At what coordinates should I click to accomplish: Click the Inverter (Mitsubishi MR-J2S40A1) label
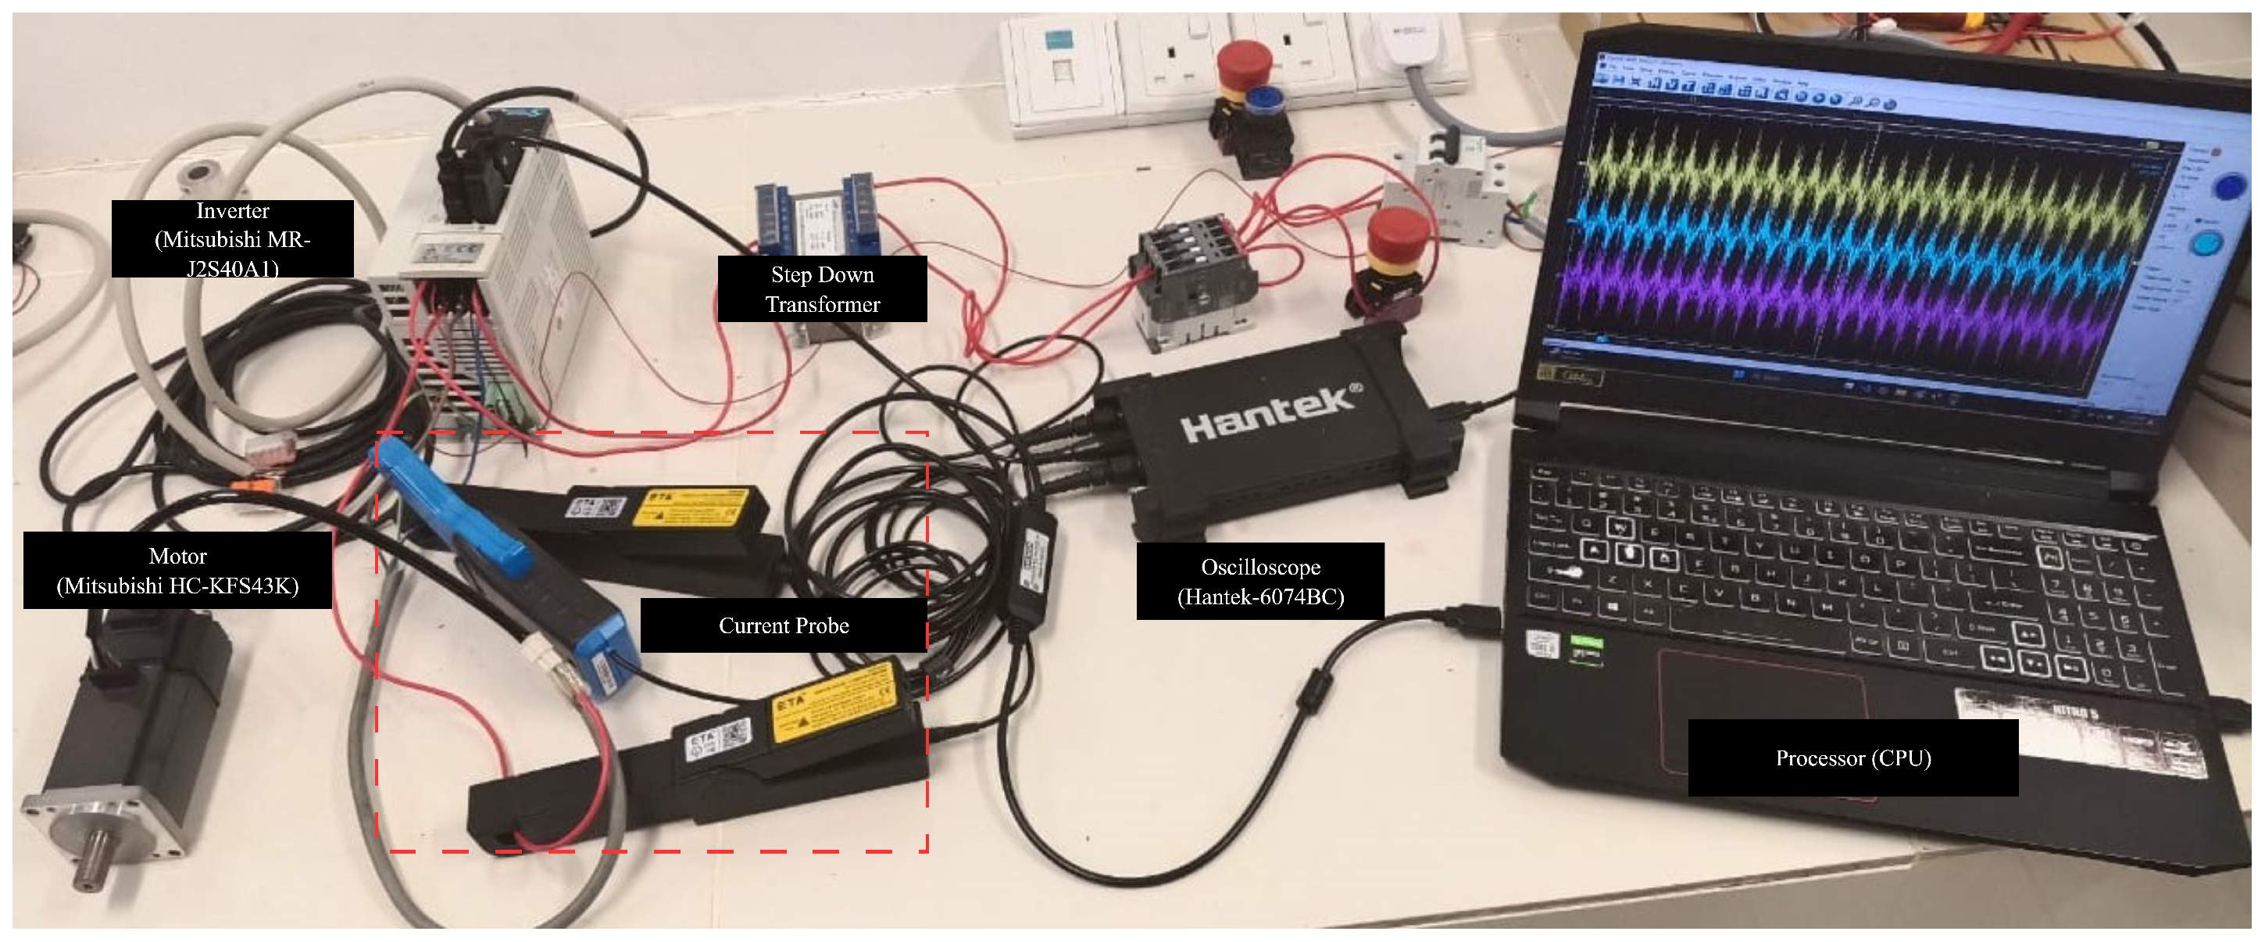pos(232,238)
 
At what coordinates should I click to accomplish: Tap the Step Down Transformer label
pos(822,288)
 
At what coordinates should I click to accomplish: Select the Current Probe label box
pos(784,625)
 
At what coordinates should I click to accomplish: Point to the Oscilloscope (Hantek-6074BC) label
pos(1260,582)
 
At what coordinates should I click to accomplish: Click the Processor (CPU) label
pos(1852,758)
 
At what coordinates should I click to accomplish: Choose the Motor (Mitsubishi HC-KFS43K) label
pos(177,570)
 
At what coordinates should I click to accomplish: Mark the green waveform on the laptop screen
pos(1846,171)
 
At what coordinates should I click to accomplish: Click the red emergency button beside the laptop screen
pos(1398,233)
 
